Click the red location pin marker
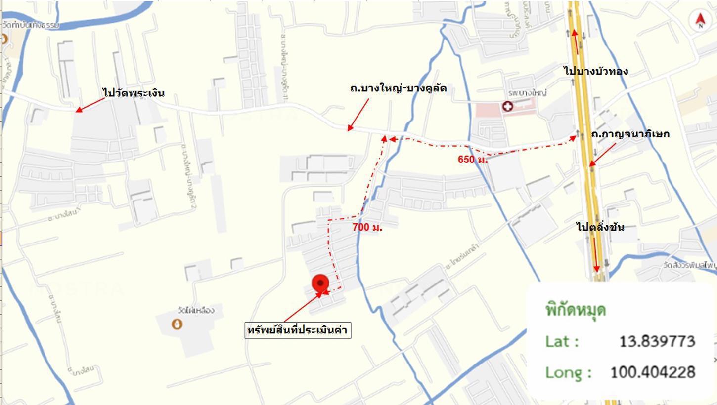click(320, 283)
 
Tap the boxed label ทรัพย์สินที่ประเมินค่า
click(298, 330)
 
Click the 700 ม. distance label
click(367, 228)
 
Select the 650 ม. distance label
click(472, 160)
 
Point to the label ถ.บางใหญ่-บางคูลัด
click(398, 88)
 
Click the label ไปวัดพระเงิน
click(134, 93)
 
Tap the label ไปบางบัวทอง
click(596, 71)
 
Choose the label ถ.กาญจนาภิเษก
click(630, 134)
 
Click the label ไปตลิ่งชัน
click(600, 227)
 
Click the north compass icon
click(700, 21)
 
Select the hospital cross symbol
click(507, 106)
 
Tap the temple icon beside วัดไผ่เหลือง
click(177, 324)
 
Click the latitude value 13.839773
click(657, 341)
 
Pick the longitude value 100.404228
click(653, 372)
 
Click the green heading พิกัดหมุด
click(576, 310)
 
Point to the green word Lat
click(561, 341)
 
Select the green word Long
click(568, 372)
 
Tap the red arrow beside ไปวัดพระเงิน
click(90, 105)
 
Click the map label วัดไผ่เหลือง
click(196, 311)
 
